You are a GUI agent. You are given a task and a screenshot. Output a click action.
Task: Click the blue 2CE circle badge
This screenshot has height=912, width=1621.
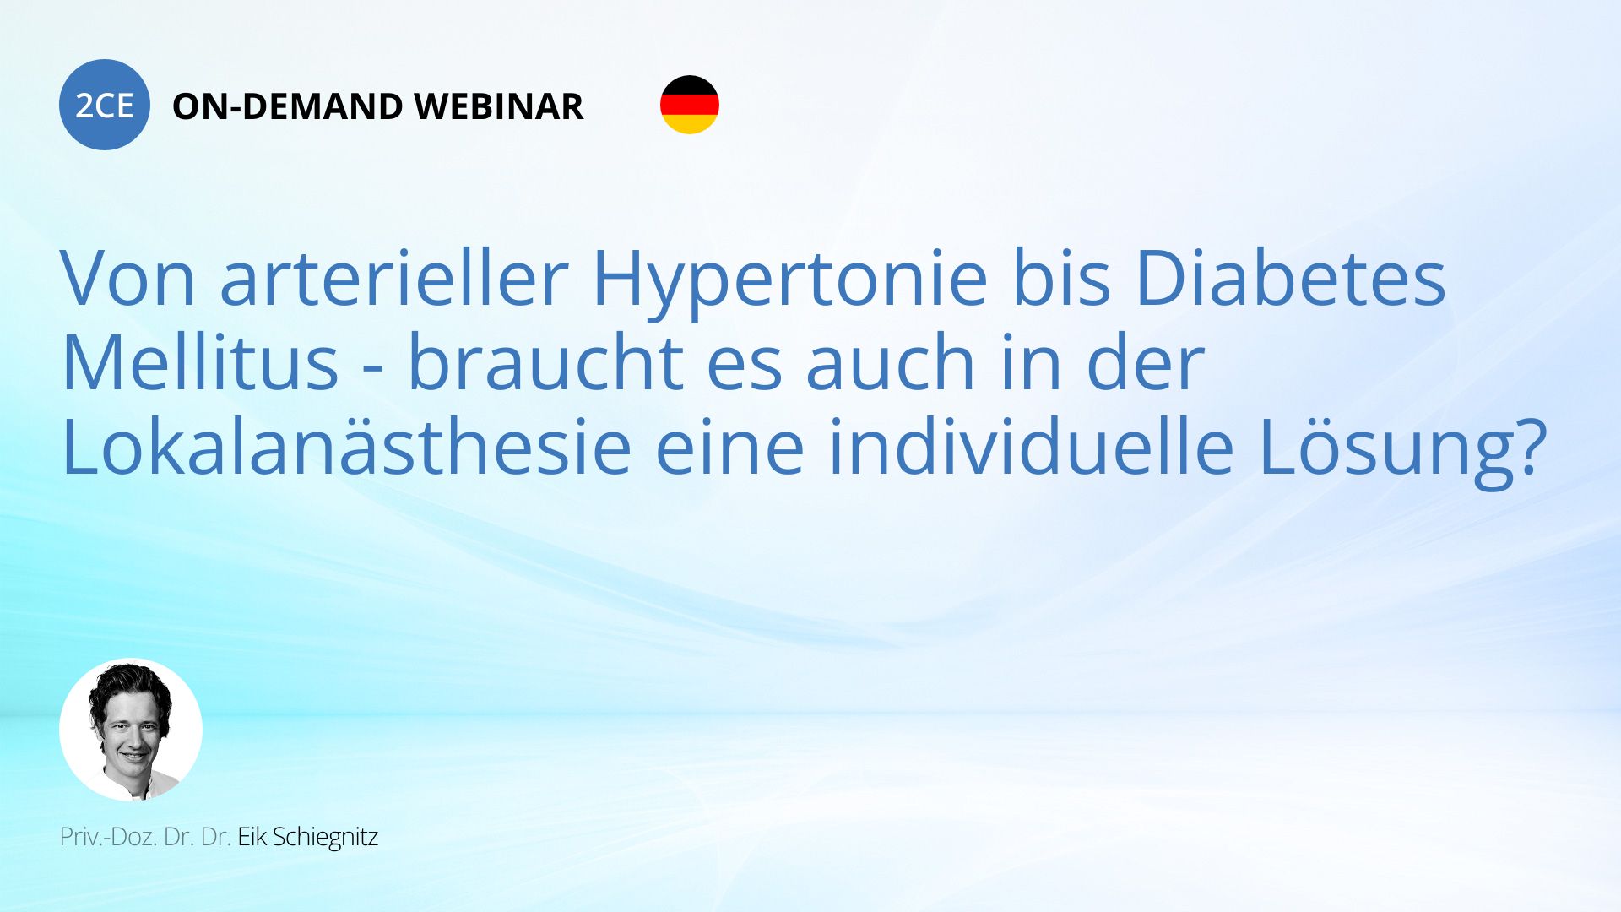click(105, 105)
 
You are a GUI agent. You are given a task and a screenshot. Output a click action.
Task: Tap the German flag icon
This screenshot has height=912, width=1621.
click(690, 105)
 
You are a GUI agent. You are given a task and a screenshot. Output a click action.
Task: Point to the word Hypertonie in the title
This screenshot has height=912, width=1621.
click(790, 279)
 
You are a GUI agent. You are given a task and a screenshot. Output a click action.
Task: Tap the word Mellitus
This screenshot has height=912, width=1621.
click(200, 362)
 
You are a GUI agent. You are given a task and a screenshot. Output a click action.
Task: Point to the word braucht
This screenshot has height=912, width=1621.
click(545, 362)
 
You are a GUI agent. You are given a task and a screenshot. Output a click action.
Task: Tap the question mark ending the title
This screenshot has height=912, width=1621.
click(1530, 447)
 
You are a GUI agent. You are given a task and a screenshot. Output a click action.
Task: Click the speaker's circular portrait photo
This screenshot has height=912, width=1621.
click(131, 730)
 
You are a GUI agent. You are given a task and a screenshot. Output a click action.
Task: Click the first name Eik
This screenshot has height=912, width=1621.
click(252, 837)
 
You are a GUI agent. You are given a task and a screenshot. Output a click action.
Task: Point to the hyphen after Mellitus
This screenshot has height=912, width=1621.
click(373, 368)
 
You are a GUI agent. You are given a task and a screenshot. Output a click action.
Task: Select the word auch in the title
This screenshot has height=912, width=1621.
click(892, 362)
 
